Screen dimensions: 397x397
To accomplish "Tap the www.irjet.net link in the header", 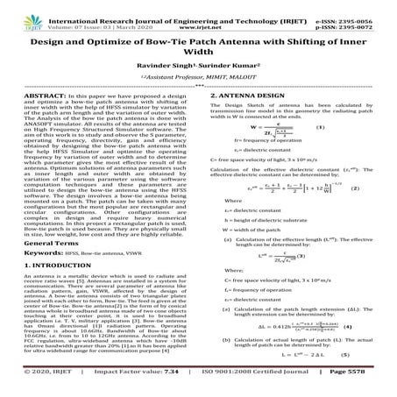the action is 200,17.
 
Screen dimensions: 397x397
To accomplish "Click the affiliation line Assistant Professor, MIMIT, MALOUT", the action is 198,78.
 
